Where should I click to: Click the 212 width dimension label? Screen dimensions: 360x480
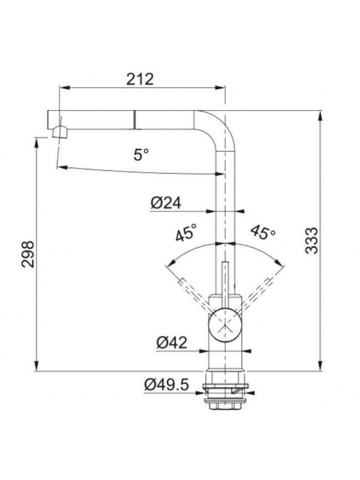(140, 79)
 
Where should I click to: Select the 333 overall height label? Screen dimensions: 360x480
(312, 241)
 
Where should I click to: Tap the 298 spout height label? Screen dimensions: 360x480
(28, 254)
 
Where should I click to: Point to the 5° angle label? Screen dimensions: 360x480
(141, 154)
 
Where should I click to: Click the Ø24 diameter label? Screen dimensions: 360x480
(166, 203)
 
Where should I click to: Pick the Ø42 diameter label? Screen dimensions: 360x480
(172, 343)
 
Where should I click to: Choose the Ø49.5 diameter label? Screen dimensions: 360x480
(167, 384)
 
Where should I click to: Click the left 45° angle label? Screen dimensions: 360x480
(186, 232)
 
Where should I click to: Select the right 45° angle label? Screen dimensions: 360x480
(263, 233)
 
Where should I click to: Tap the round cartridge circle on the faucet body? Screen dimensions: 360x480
(225, 325)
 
